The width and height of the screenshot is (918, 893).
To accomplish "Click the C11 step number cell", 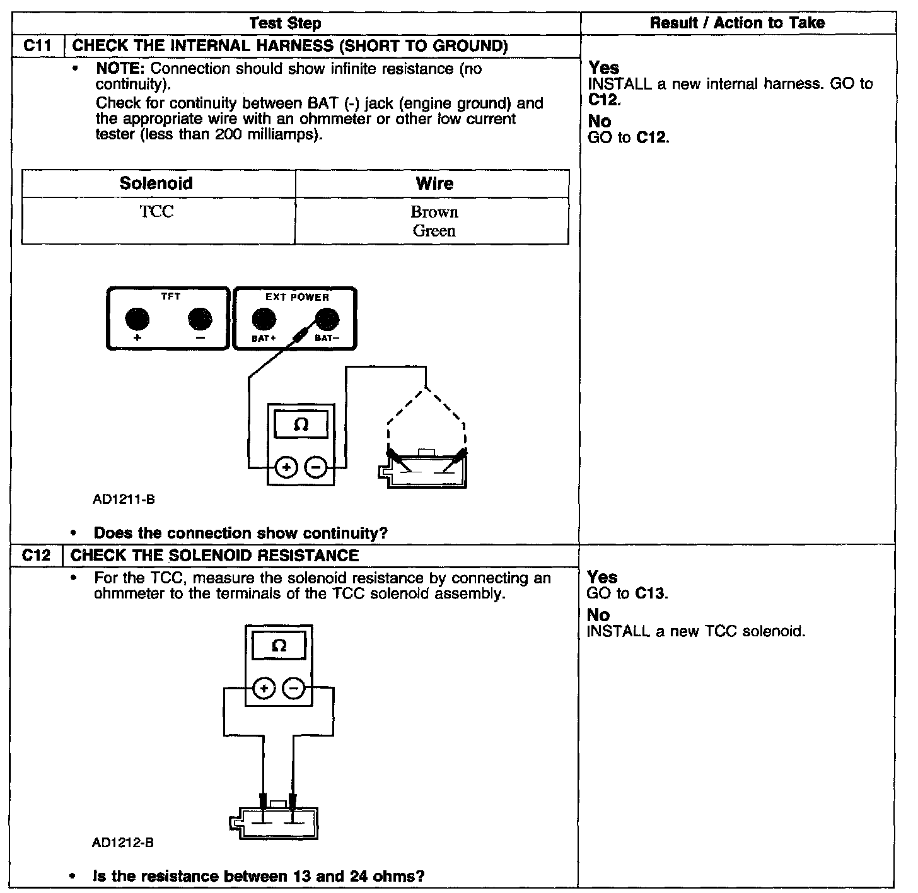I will (x=37, y=46).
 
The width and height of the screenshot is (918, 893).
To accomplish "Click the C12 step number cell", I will (x=36, y=555).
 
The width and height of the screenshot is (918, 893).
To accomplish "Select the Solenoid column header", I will (x=156, y=184).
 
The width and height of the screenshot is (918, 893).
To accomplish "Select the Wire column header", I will (x=434, y=184).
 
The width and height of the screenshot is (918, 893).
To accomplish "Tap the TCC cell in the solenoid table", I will (x=156, y=212).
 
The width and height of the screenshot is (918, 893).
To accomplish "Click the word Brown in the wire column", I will (x=434, y=212).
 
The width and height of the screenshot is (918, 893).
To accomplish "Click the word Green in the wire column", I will (x=434, y=231).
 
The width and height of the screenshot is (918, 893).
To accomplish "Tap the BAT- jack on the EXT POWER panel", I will (x=326, y=320).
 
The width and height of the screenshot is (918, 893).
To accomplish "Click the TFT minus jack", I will (x=200, y=319).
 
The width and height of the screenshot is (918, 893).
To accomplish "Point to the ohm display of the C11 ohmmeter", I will (x=301, y=424).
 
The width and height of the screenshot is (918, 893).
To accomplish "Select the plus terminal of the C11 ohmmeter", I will (x=287, y=467).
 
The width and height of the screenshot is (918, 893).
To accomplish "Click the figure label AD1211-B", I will (x=124, y=500).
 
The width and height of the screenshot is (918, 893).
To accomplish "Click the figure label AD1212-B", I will (x=123, y=843).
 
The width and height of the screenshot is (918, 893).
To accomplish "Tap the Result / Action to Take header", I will (x=736, y=23).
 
